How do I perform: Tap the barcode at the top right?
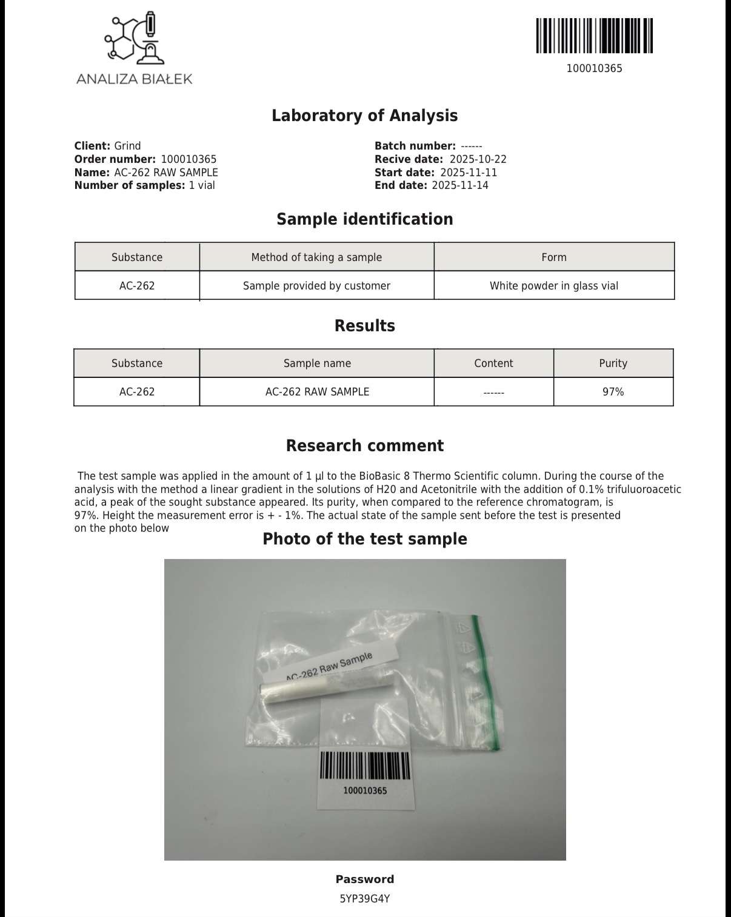click(x=594, y=36)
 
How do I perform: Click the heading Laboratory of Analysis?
click(x=364, y=116)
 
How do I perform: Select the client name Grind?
click(x=127, y=146)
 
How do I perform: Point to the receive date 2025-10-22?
click(x=478, y=159)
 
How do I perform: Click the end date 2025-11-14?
click(x=459, y=185)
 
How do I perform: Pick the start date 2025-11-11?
click(x=469, y=173)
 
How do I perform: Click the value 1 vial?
click(x=202, y=185)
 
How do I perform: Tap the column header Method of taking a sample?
click(x=316, y=257)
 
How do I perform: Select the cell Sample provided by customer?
click(x=316, y=286)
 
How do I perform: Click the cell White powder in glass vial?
click(x=554, y=286)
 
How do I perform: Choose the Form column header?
click(x=554, y=257)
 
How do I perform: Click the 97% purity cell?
click(x=613, y=392)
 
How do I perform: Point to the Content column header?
click(x=493, y=363)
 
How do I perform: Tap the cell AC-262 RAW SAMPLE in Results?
click(x=317, y=392)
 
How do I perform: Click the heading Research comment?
click(x=364, y=446)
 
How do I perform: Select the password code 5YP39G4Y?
click(x=364, y=899)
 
